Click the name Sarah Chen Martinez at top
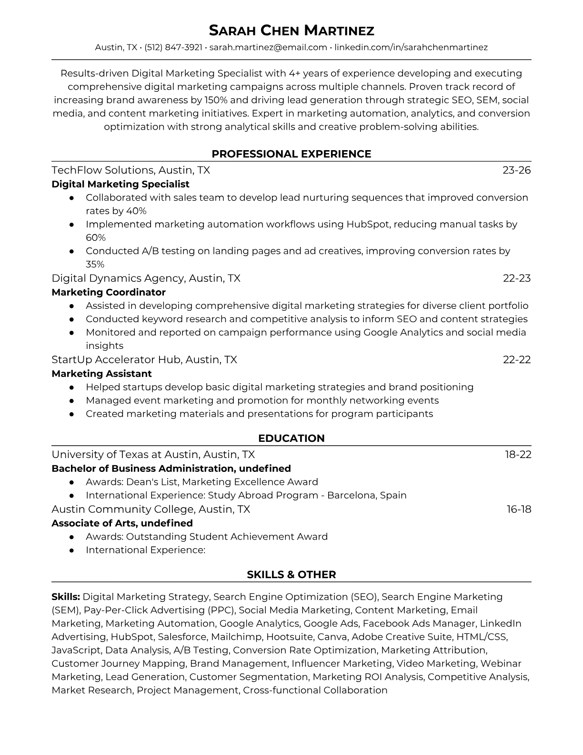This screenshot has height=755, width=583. point(291,31)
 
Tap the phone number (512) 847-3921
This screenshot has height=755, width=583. point(173,47)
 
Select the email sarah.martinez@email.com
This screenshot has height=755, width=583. point(268,47)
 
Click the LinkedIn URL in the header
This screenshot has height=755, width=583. point(411,47)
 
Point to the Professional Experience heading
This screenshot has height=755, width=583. point(291,154)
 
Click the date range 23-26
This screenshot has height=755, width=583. point(516,170)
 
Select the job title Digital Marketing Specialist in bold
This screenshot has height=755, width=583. point(121,184)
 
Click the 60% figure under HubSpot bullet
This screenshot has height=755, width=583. point(96,237)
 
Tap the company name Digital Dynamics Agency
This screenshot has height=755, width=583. point(118,278)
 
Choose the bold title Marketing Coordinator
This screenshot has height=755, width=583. point(109,292)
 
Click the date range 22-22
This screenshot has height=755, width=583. point(516,360)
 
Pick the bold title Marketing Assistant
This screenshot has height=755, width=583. point(101,374)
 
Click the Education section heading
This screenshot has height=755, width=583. point(291,439)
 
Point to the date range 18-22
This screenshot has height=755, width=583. point(518,455)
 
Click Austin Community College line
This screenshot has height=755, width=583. point(151,509)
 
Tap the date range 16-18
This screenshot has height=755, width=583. point(518,509)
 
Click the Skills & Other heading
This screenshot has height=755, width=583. point(291,575)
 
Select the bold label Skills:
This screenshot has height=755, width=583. point(66,597)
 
